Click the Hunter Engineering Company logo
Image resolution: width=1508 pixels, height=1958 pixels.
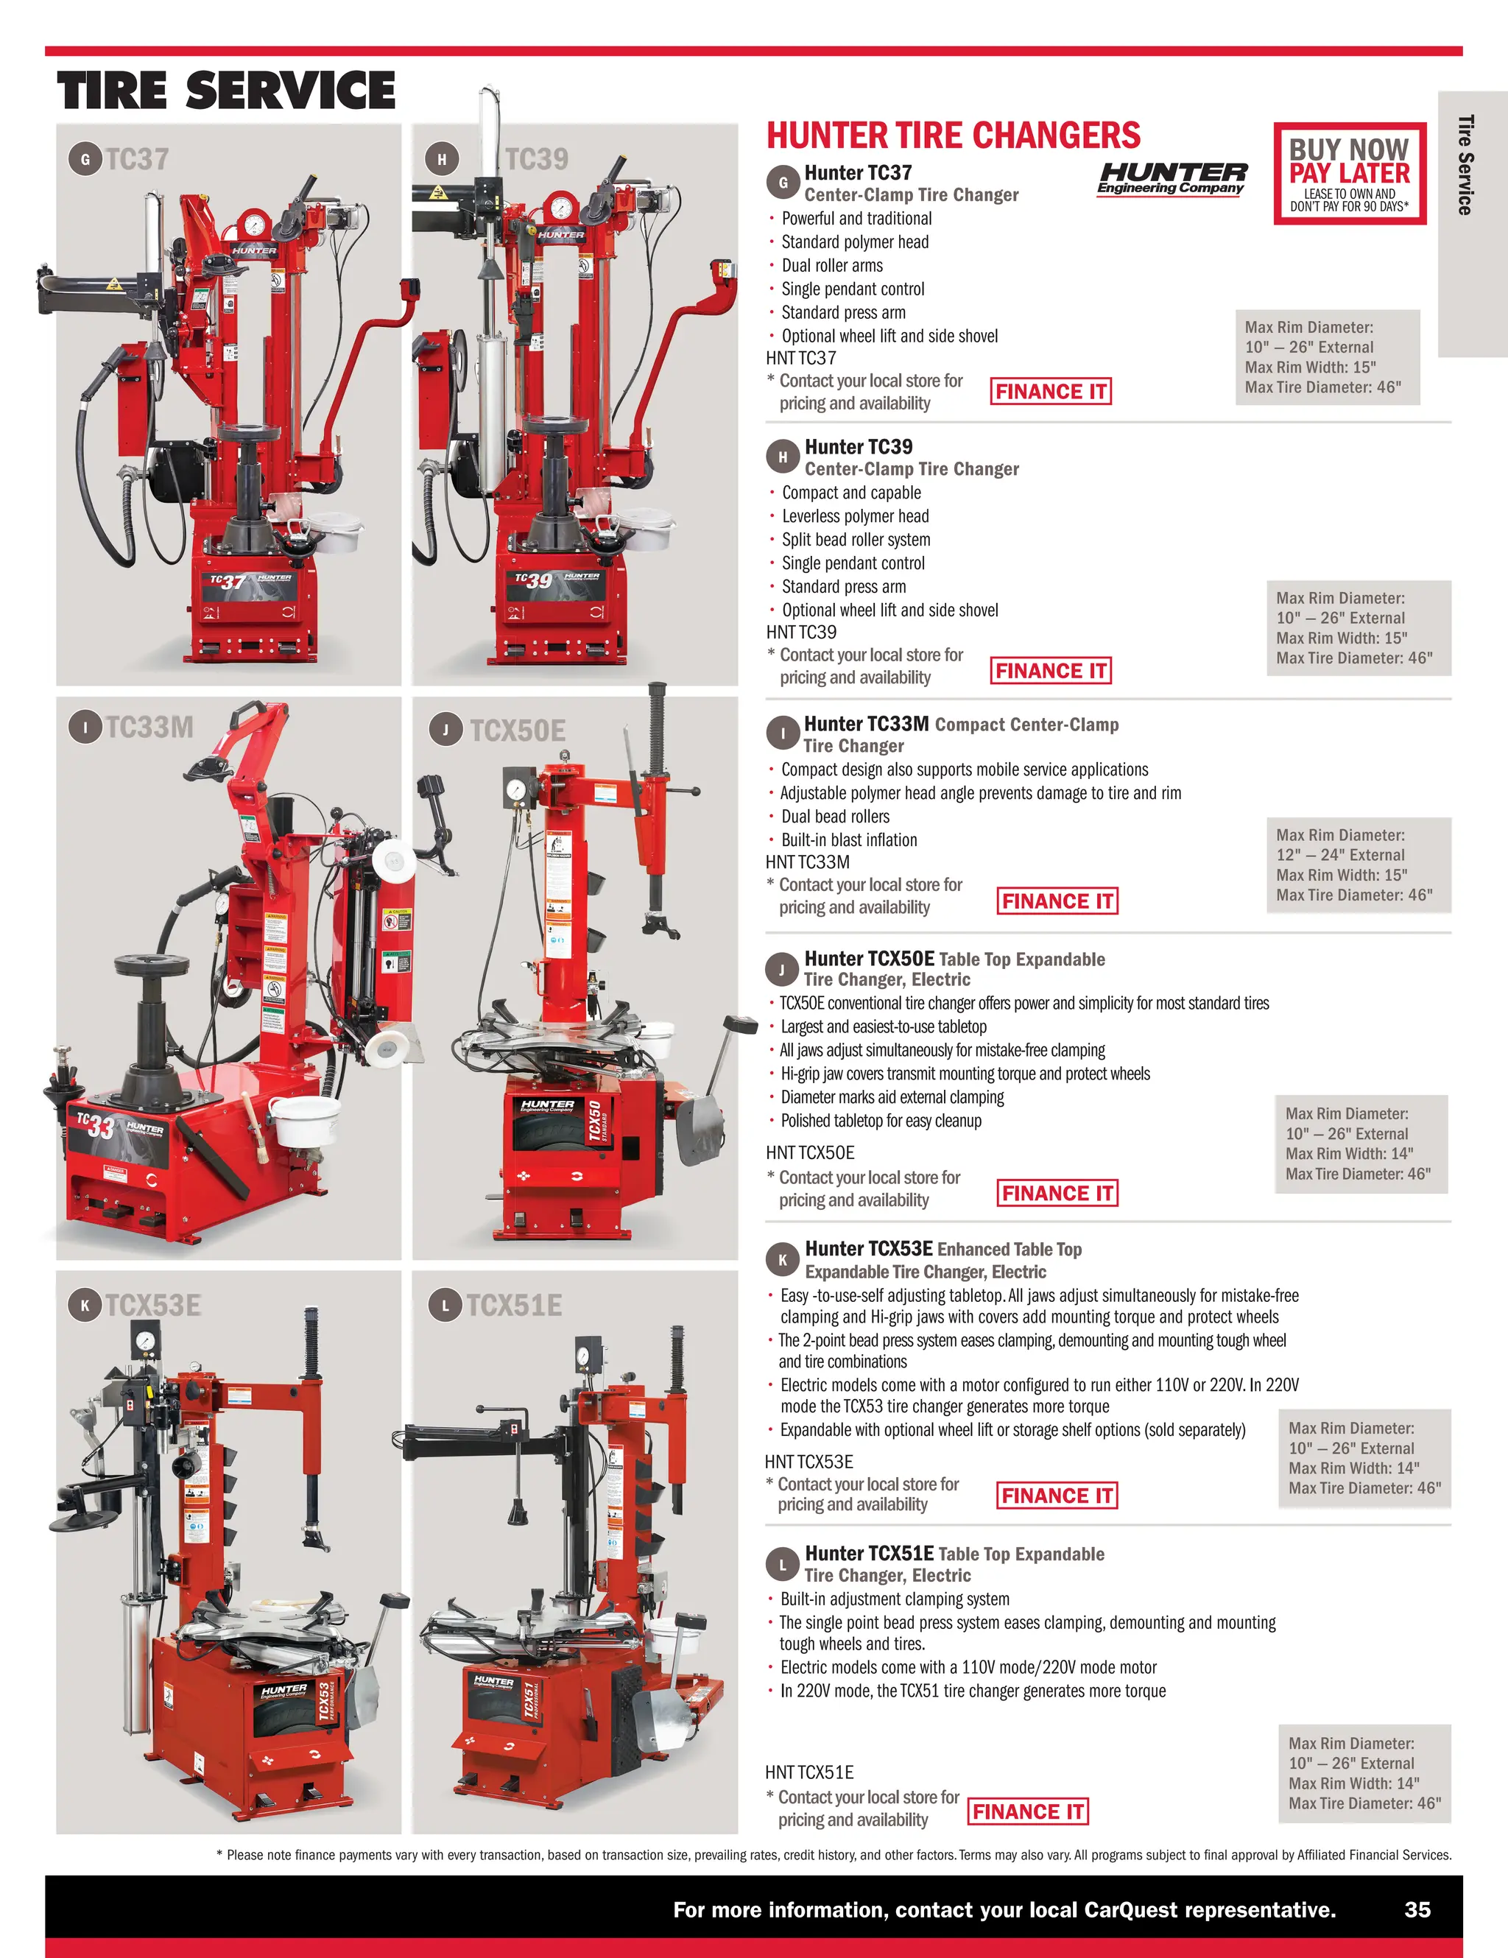tap(1171, 177)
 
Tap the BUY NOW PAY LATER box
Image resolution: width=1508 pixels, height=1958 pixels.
tap(1349, 174)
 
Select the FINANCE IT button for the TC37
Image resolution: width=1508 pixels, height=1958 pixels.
tap(1050, 392)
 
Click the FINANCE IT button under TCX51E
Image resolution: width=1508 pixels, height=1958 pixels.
tap(1029, 1812)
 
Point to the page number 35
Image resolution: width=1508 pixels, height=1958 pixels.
tap(1417, 1909)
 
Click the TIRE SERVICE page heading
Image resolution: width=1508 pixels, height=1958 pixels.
tap(226, 91)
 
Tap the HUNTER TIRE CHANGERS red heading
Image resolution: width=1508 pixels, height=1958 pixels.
tap(953, 136)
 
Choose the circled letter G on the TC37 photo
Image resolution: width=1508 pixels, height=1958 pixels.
tap(85, 160)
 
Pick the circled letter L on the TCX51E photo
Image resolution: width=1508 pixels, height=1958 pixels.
tap(445, 1306)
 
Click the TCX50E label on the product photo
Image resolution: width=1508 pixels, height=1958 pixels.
tap(518, 730)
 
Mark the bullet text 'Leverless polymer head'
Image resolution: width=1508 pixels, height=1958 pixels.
tap(856, 516)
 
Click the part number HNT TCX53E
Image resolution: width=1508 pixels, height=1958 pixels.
tap(808, 1462)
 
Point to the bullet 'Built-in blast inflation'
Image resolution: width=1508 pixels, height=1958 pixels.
tap(849, 840)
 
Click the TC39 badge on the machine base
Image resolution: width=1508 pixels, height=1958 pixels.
tap(533, 581)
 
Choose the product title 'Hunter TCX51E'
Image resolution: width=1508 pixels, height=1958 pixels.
tap(869, 1554)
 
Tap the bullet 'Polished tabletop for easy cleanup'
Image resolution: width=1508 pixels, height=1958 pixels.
tap(881, 1121)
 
